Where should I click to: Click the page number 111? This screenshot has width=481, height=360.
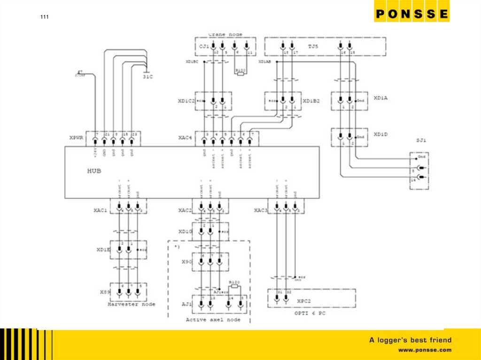[x=44, y=18]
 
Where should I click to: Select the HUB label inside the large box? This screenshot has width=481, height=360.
[x=94, y=171]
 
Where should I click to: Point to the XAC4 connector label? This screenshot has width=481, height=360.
[x=185, y=138]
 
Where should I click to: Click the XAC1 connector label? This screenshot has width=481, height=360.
[x=101, y=210]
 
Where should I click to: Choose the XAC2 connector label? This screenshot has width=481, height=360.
[x=186, y=210]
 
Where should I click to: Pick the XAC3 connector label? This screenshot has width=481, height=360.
[x=261, y=210]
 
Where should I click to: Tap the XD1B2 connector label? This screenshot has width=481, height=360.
[x=311, y=100]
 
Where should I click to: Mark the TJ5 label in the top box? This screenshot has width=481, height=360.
[x=313, y=46]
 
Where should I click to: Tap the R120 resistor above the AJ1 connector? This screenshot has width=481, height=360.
[x=234, y=284]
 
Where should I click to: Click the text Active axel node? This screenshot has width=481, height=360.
[x=213, y=320]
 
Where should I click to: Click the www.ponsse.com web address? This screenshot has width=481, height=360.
[x=425, y=350]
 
